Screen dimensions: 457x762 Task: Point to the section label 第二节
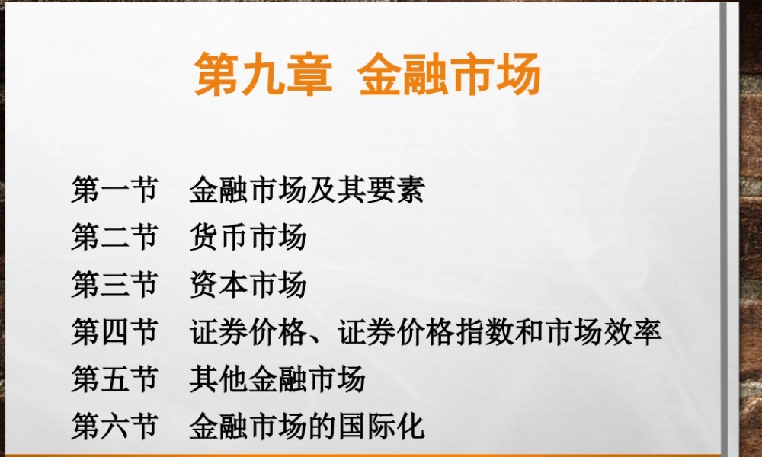[x=114, y=237]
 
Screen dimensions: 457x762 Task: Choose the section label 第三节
[x=114, y=284]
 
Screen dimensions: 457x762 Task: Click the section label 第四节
[x=114, y=331]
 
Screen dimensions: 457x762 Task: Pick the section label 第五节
[x=114, y=379]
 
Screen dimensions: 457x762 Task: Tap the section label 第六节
[x=114, y=426]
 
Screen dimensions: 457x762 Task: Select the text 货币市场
[x=248, y=237]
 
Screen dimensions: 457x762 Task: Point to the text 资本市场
[x=248, y=284]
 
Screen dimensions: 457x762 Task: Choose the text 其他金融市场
[x=277, y=379]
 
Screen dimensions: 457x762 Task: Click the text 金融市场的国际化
[x=306, y=426]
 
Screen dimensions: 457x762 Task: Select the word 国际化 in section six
[x=380, y=426]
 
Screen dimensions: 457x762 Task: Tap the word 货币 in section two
[x=219, y=237]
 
